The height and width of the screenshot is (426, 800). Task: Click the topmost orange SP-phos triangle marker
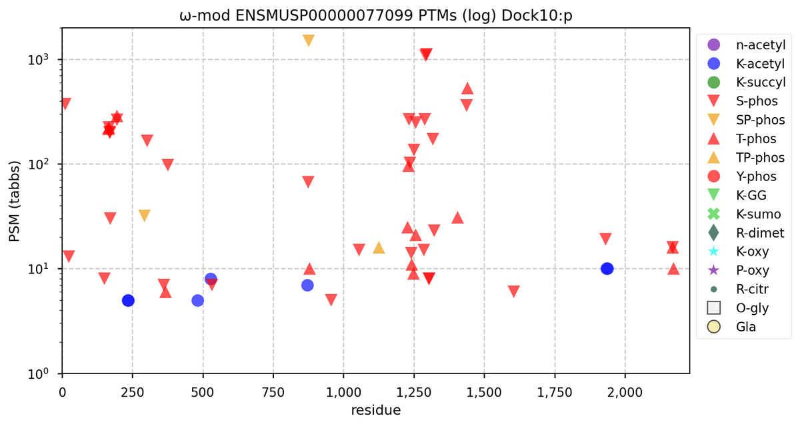[x=309, y=40]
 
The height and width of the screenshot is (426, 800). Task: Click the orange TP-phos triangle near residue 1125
[x=379, y=248]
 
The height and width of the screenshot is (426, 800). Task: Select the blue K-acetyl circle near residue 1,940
[x=607, y=269]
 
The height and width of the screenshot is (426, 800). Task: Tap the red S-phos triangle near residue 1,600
[x=513, y=292]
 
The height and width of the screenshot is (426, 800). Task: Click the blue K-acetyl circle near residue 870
[x=307, y=285]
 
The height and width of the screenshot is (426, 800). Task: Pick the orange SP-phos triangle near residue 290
[x=144, y=216]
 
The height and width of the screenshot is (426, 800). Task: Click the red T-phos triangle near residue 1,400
[x=457, y=218]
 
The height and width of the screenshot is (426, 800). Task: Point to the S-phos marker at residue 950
[x=331, y=300]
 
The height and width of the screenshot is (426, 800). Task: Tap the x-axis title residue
[x=375, y=410]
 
